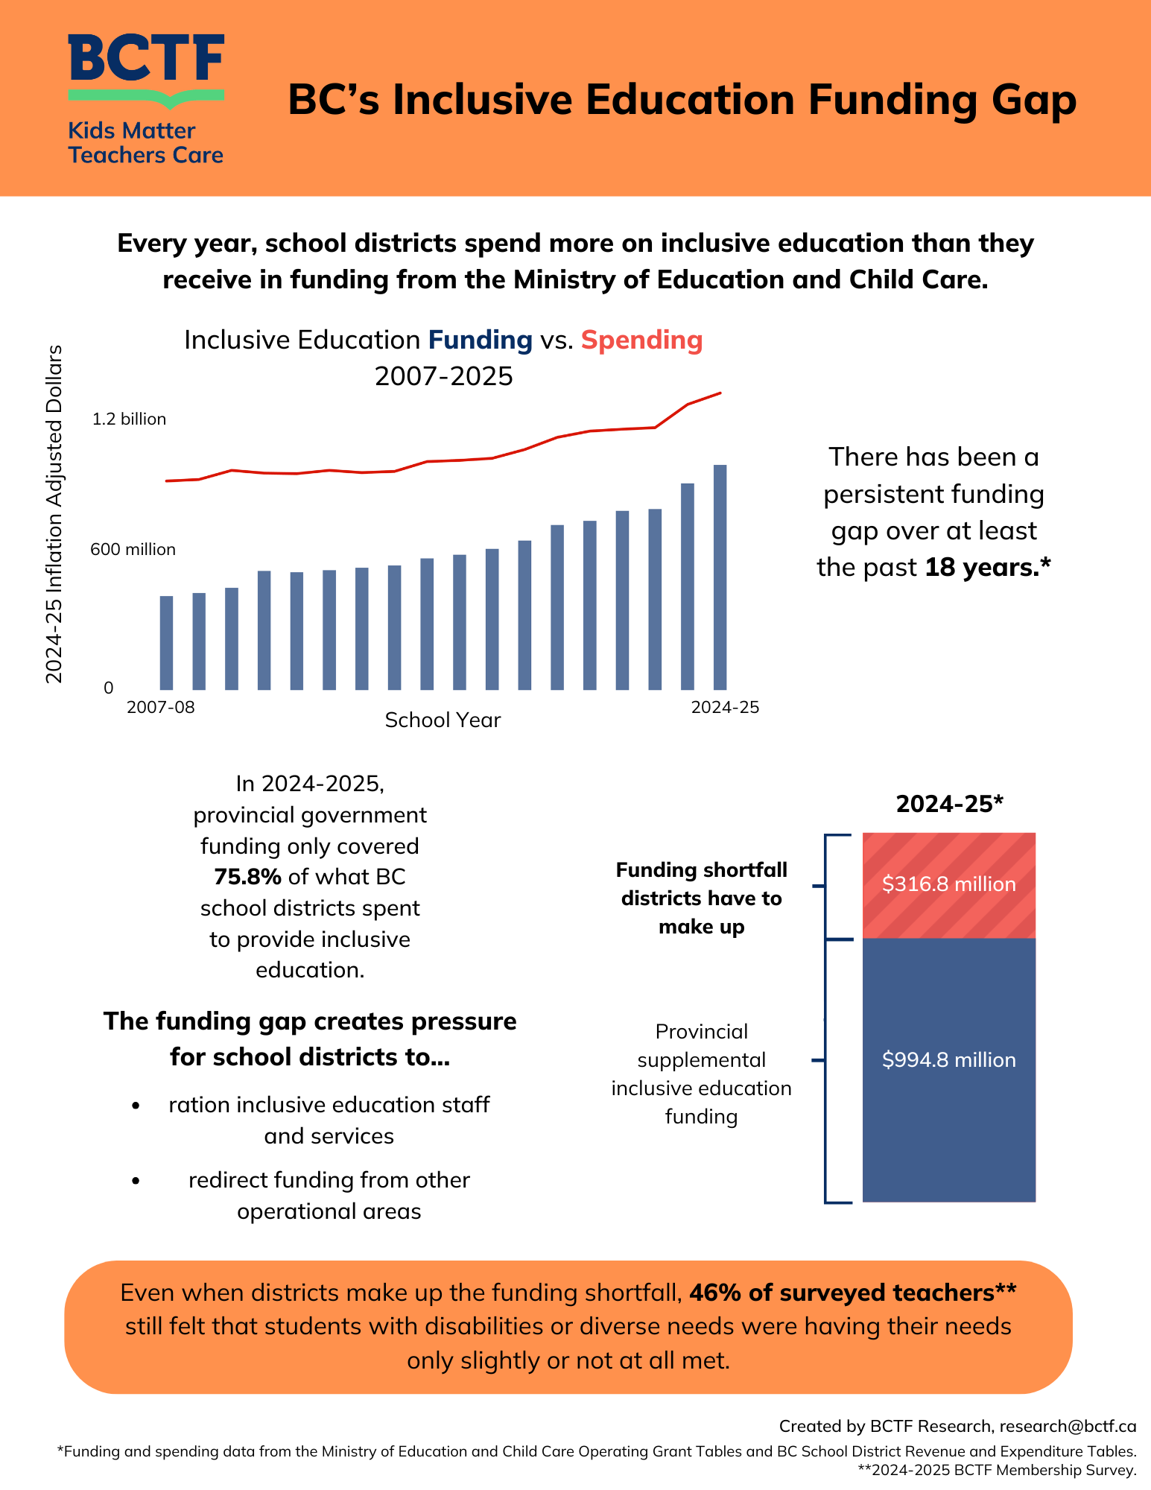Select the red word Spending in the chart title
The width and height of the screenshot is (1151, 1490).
(641, 340)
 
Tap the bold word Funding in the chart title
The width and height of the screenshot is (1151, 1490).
(480, 340)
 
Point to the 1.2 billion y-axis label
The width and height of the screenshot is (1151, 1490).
(129, 419)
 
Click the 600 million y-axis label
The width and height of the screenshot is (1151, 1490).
(133, 550)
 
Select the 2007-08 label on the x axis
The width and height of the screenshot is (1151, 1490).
(160, 707)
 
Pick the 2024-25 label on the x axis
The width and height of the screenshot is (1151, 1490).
(725, 707)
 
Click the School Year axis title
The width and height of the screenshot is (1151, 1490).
(443, 720)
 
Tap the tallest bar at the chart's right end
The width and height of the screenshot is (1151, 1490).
(720, 577)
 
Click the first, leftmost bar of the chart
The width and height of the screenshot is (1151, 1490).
(166, 643)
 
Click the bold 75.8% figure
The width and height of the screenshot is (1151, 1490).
(247, 877)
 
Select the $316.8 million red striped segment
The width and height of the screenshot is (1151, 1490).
(948, 885)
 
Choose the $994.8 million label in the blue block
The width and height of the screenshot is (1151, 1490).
(948, 1060)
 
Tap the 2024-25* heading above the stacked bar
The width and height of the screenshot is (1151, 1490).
(949, 804)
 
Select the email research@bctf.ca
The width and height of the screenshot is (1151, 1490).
(1068, 1426)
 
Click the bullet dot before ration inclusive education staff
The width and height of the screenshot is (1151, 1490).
(136, 1106)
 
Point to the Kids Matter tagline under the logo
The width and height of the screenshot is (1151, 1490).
(132, 131)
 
